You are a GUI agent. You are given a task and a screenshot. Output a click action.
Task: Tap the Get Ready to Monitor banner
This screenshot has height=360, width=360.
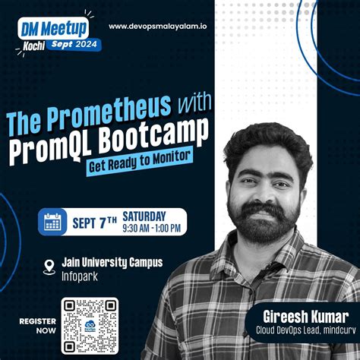(140, 159)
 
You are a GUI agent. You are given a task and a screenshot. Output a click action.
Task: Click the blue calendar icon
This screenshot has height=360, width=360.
(52, 221)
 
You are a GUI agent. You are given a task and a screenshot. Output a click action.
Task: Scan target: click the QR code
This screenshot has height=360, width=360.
(93, 326)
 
